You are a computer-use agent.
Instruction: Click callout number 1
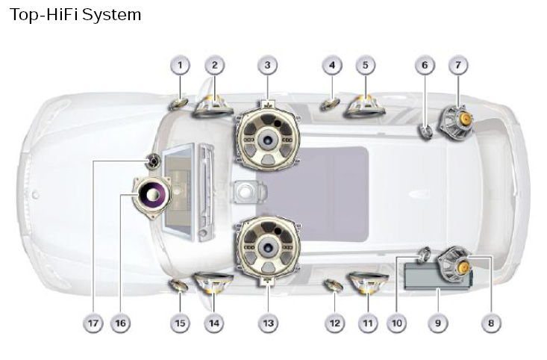point(179,66)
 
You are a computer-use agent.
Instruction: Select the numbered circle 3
point(267,66)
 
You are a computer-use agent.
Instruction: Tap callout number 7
point(457,66)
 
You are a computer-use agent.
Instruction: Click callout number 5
point(365,66)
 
